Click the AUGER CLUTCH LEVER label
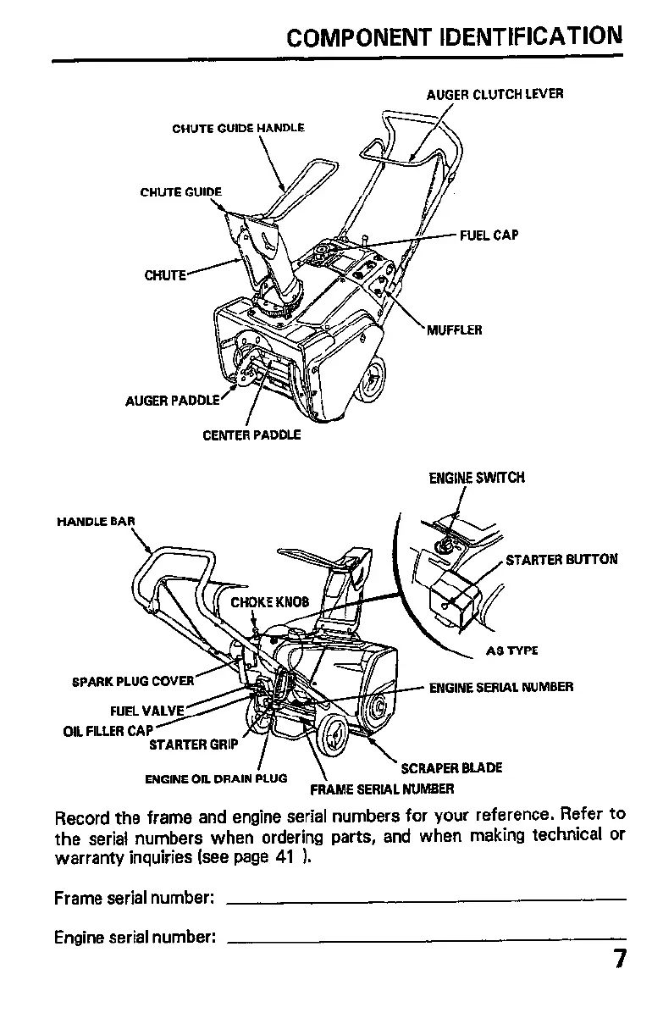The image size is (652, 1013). click(495, 94)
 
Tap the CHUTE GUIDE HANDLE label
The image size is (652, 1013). click(238, 129)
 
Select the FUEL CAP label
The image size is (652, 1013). click(489, 235)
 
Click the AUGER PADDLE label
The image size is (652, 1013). click(173, 400)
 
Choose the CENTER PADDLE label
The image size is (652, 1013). click(251, 436)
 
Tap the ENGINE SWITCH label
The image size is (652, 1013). click(477, 478)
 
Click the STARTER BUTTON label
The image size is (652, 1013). click(561, 559)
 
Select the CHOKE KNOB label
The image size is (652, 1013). click(270, 603)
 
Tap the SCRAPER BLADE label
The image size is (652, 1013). click(451, 767)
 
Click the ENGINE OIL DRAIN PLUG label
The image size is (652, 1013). click(217, 778)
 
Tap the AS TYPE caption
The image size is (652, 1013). click(512, 650)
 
